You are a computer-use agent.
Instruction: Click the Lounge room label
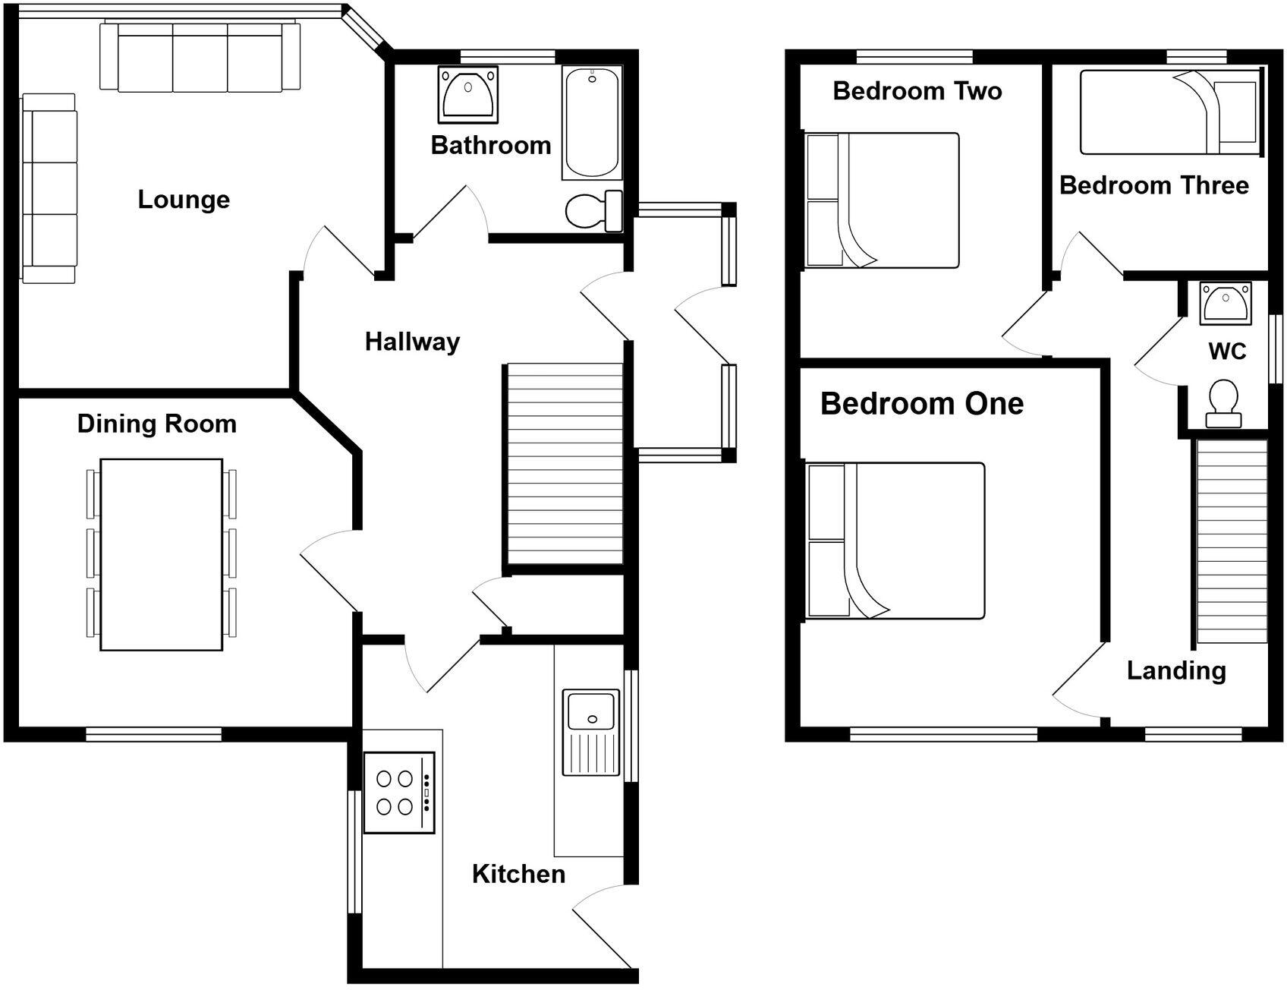(x=184, y=200)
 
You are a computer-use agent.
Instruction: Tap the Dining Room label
(x=157, y=424)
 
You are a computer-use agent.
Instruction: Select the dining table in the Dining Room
(x=161, y=554)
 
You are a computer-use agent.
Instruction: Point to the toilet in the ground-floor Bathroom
(x=592, y=210)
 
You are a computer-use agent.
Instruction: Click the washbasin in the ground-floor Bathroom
(x=468, y=94)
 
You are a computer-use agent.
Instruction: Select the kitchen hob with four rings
(x=399, y=792)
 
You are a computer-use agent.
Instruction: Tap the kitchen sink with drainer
(x=590, y=732)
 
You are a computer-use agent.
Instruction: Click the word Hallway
(x=412, y=342)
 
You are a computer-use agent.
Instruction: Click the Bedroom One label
(x=922, y=404)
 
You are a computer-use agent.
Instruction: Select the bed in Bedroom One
(x=895, y=541)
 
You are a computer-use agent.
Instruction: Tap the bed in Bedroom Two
(x=882, y=200)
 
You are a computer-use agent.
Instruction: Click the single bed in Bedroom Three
(x=1169, y=112)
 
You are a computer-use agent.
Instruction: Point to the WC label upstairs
(x=1227, y=352)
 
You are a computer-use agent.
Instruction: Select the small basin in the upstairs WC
(x=1226, y=301)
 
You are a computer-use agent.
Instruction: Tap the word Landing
(x=1176, y=671)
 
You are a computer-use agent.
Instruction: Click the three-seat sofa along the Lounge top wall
(x=200, y=57)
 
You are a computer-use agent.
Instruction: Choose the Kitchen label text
(x=518, y=874)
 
